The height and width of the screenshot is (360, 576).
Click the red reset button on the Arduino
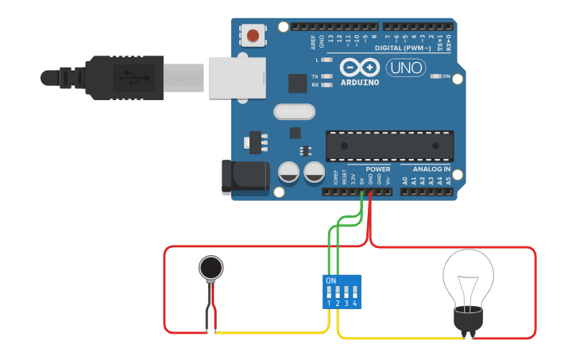[253, 35]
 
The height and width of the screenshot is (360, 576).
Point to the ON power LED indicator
[435, 77]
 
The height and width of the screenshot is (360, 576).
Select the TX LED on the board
[327, 76]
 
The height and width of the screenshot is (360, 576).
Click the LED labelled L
[327, 60]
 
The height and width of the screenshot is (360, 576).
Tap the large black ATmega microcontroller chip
[389, 145]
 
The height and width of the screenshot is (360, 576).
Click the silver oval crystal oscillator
[295, 112]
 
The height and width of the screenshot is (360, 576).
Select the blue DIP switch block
[342, 292]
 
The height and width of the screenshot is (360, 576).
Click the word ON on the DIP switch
[331, 281]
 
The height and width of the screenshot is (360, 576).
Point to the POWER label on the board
[377, 169]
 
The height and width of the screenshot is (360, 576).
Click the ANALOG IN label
[431, 169]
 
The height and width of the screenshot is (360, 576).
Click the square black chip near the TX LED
[298, 83]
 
